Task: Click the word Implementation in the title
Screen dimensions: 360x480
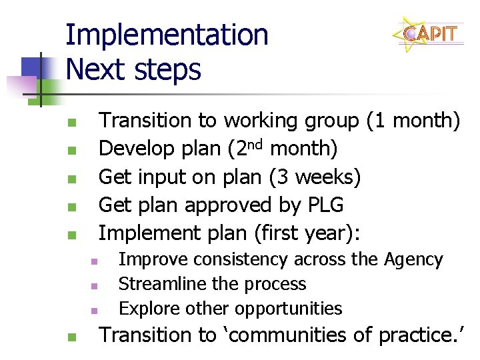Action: coord(167,35)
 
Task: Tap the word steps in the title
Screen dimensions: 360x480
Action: coord(171,69)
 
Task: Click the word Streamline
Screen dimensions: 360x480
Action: coord(163,284)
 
